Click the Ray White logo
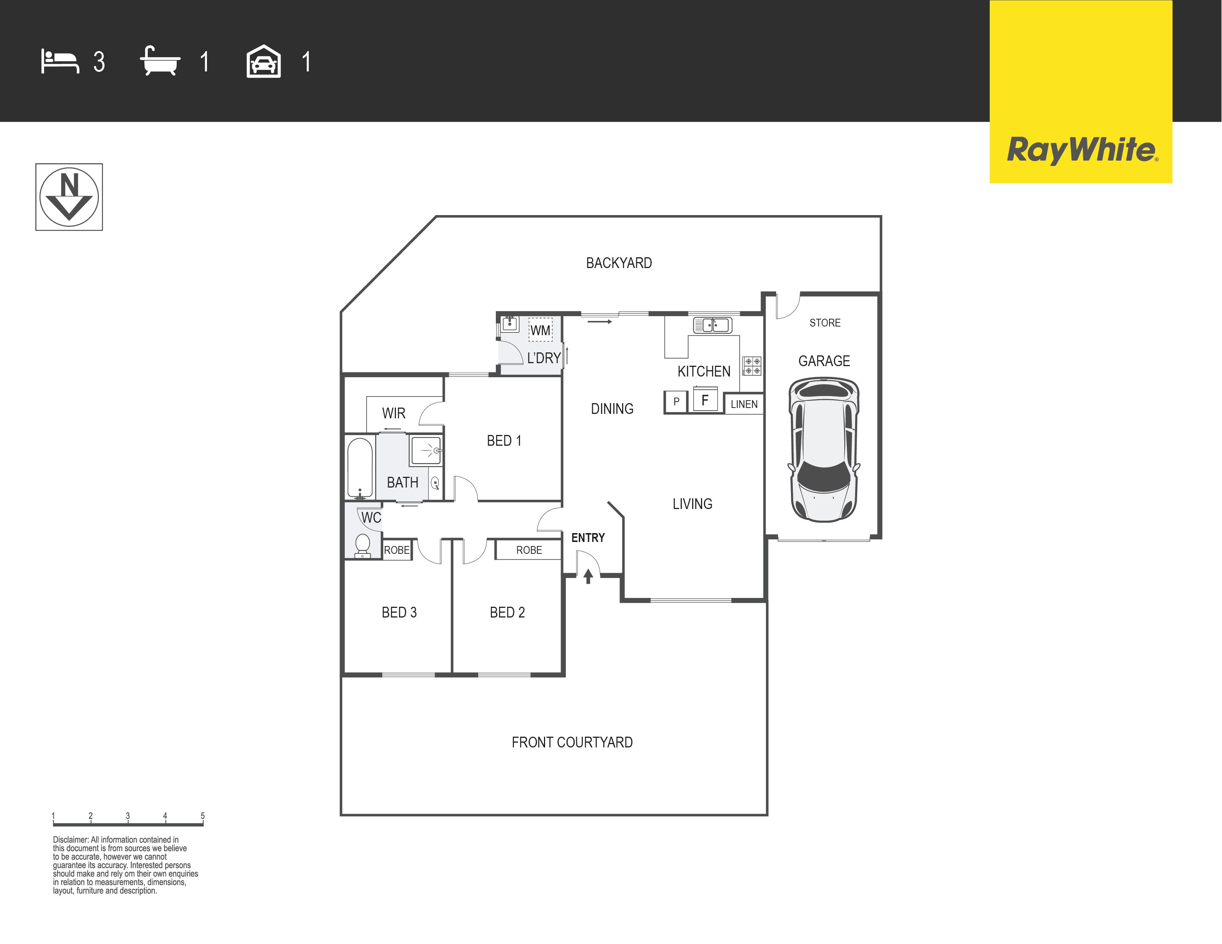point(1081,92)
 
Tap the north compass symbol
point(69,197)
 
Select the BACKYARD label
point(619,263)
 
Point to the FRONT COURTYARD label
point(572,742)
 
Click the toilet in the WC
point(363,545)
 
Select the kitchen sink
point(712,325)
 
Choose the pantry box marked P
point(676,402)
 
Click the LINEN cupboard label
point(744,404)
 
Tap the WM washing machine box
point(541,329)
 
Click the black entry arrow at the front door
point(588,576)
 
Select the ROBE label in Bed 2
point(529,550)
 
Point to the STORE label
point(825,323)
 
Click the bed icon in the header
point(60,61)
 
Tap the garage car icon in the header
point(264,61)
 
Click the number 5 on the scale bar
point(203,816)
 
